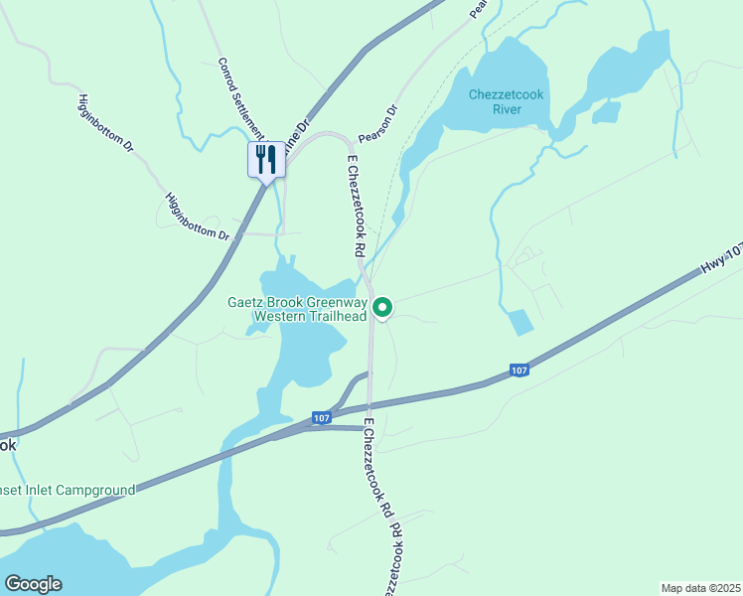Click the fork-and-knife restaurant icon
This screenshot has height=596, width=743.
(266, 159)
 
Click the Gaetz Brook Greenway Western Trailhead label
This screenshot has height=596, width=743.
(297, 309)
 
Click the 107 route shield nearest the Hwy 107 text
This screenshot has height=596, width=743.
(520, 371)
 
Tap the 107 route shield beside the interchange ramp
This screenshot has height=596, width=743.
(320, 418)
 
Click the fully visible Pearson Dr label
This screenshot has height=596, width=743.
(378, 125)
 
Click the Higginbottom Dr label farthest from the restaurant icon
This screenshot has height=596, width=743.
(105, 122)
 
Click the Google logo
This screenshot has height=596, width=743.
(33, 584)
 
